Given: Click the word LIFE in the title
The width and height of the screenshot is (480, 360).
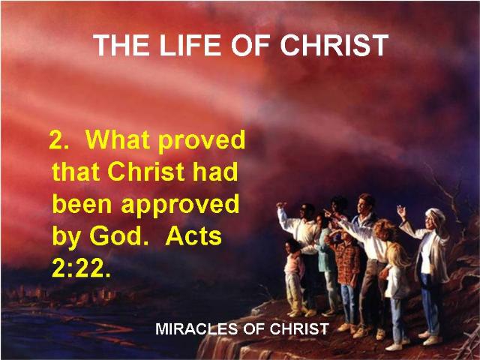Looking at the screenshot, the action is (x=190, y=45).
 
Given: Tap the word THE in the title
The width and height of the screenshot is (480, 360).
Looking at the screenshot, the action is (x=121, y=45).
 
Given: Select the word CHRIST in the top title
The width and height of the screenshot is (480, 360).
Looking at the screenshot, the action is (x=334, y=45).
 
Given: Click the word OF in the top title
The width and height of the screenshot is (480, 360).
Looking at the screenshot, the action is (x=250, y=45).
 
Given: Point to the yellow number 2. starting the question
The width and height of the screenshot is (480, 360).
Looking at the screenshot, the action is (x=58, y=140).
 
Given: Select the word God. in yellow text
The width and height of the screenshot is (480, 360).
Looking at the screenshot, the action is (x=118, y=236).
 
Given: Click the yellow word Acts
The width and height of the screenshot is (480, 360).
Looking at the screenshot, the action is (x=193, y=236).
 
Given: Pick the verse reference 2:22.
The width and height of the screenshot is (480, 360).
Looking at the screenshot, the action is (x=81, y=268).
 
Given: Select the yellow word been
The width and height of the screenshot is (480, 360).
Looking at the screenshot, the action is (x=82, y=204).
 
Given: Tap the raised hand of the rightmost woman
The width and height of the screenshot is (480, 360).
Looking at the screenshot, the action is (x=401, y=211).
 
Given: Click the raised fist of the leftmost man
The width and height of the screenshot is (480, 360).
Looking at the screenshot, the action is (x=281, y=204).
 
